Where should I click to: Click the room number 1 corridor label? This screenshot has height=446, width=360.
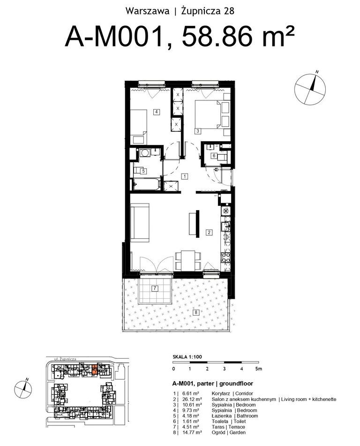pyautogui.click(x=185, y=176)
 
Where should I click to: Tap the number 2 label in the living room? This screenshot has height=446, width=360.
pyautogui.click(x=209, y=233)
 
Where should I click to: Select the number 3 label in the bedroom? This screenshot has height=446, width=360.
pyautogui.click(x=197, y=131)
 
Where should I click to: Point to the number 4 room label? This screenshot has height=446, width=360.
pyautogui.click(x=156, y=112)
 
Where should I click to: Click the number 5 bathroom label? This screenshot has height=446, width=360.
pyautogui.click(x=143, y=171)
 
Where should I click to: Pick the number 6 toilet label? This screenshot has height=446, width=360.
pyautogui.click(x=214, y=156)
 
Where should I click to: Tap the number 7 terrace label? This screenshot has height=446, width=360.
pyautogui.click(x=155, y=288)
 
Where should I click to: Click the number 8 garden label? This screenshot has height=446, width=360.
pyautogui.click(x=195, y=313)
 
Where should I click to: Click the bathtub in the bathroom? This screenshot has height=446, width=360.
pyautogui.click(x=147, y=184)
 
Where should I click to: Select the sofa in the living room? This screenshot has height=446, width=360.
pyautogui.click(x=140, y=223)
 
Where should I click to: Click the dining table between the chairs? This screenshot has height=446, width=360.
pyautogui.click(x=188, y=261)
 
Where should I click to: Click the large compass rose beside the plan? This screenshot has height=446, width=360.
pyautogui.click(x=310, y=89)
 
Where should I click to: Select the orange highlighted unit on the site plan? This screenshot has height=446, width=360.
pyautogui.click(x=95, y=370)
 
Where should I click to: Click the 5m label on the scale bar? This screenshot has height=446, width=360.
pyautogui.click(x=258, y=369)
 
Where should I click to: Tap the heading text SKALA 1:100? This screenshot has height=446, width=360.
pyautogui.click(x=187, y=357)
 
